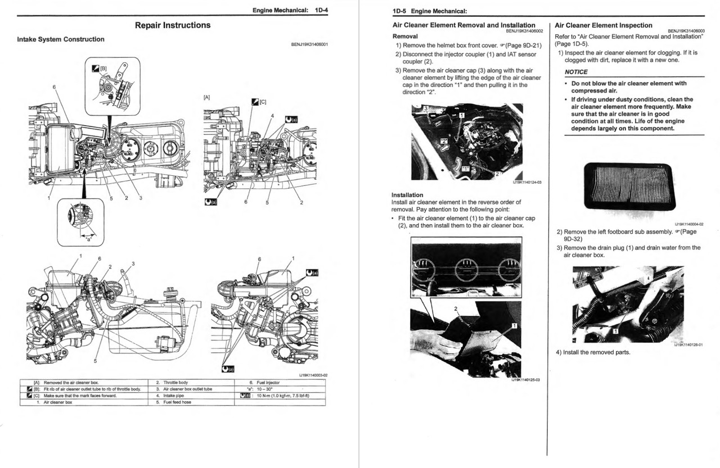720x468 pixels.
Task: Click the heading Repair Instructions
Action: [x=173, y=25]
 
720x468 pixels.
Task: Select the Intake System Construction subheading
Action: [x=61, y=39]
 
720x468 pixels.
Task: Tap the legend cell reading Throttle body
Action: [x=175, y=382]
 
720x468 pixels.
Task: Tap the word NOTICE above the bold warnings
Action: [x=576, y=72]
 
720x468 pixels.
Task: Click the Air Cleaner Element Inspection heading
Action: [x=595, y=25]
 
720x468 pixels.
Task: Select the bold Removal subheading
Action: [x=405, y=36]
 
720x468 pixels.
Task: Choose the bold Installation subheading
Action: [x=407, y=195]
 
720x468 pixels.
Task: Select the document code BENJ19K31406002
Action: [x=524, y=31]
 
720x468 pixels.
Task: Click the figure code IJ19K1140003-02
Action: [x=313, y=375]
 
